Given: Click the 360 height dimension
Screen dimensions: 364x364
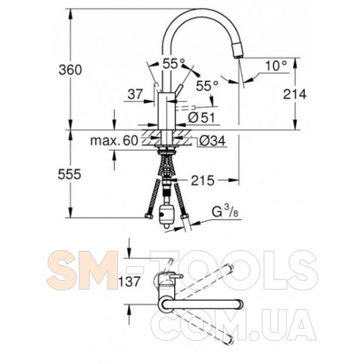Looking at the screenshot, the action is [70, 70].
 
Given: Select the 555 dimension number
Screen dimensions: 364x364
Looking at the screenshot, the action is [70, 174].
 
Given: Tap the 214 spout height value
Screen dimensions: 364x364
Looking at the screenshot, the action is [295, 94].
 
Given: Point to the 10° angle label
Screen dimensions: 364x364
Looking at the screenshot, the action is [276, 66].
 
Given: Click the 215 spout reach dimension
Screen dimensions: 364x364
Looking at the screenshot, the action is [203, 180].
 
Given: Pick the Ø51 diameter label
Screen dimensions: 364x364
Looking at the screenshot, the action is [201, 118].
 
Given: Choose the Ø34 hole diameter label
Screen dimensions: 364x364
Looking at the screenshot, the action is [212, 141].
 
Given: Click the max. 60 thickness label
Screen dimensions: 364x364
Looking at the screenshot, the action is [114, 141].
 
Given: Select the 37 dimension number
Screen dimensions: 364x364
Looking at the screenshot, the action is [135, 94].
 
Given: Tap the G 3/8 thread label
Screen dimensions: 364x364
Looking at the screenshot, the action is [225, 212].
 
